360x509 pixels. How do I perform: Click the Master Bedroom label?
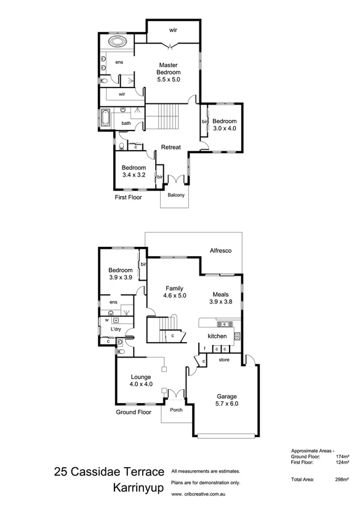(x=169, y=72)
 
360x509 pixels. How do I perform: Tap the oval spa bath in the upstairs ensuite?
(x=116, y=43)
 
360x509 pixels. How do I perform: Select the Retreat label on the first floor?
(x=170, y=147)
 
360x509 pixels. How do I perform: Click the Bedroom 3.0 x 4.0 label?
(x=224, y=124)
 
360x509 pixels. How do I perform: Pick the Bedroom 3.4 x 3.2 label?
(x=134, y=172)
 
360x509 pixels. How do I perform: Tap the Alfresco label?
(x=220, y=250)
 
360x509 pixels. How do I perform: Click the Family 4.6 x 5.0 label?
(x=175, y=291)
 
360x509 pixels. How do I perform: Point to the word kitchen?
(x=217, y=336)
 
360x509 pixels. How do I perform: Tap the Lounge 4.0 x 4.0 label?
(x=141, y=380)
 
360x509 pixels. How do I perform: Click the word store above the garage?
(x=224, y=359)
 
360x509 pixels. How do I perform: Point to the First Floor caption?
(x=129, y=198)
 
